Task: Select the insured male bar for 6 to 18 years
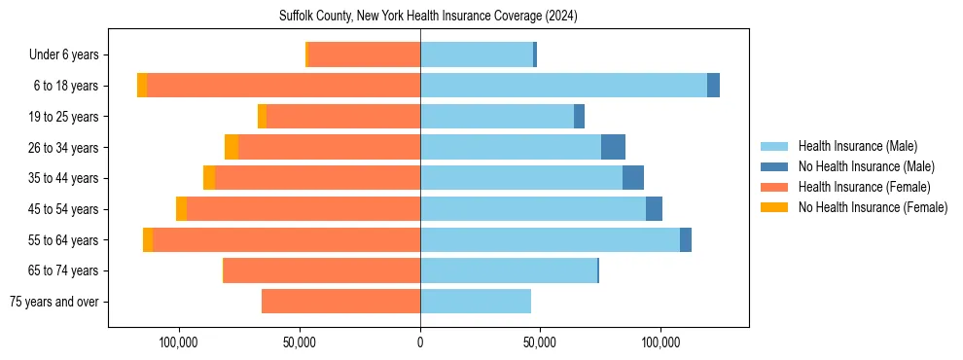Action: [563, 86]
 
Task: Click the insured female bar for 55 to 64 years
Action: [286, 239]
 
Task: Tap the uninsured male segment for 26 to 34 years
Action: [613, 147]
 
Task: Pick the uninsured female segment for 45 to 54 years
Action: [181, 208]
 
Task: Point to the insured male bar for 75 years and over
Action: [476, 302]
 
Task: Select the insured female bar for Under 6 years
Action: [364, 54]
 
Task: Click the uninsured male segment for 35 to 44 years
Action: [633, 178]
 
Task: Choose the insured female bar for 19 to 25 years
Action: [343, 117]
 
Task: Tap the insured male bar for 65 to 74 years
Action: [508, 270]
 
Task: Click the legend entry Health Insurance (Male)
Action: [857, 146]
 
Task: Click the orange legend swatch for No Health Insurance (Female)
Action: [774, 207]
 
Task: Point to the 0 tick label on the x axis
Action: [420, 342]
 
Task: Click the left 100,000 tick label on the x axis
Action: [180, 342]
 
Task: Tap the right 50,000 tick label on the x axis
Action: [540, 342]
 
